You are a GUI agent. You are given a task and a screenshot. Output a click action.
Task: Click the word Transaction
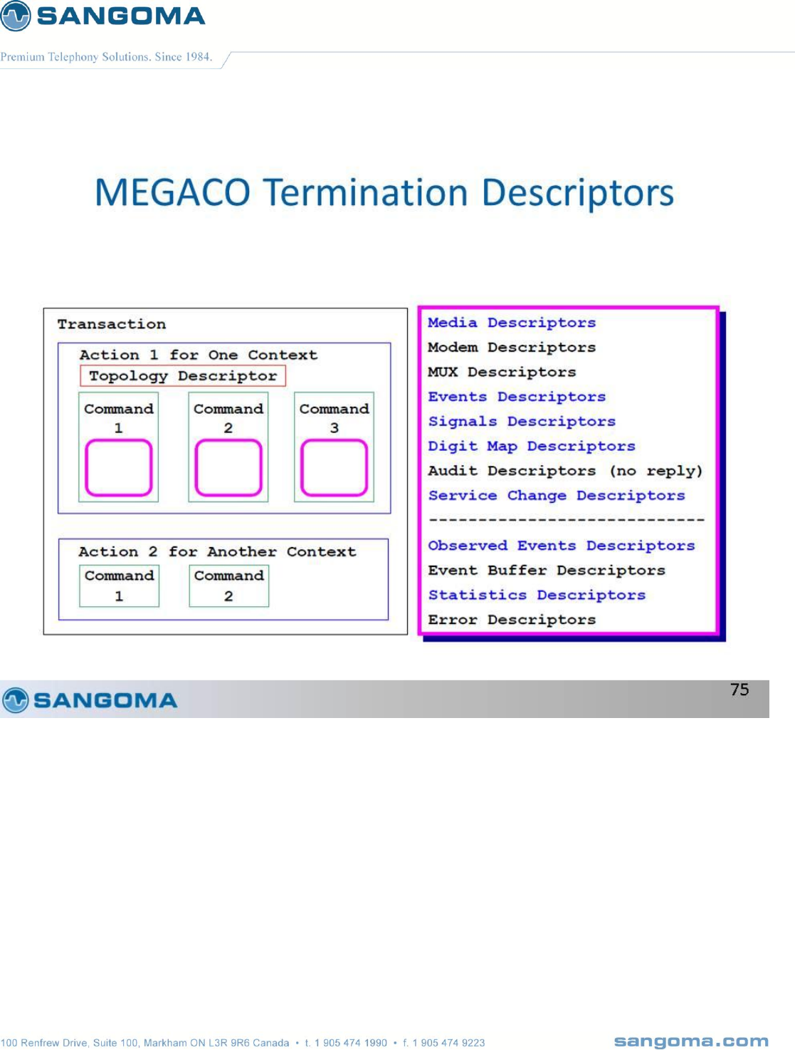point(112,324)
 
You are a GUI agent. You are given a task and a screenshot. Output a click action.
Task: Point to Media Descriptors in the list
point(512,323)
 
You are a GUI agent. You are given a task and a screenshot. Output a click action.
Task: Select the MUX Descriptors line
point(502,372)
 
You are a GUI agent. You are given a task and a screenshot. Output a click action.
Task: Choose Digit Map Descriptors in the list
point(531,447)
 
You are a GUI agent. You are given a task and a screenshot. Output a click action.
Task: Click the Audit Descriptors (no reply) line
point(565,471)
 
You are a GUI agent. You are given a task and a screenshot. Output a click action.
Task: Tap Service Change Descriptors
point(557,496)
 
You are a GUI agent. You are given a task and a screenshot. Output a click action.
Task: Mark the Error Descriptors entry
point(512,620)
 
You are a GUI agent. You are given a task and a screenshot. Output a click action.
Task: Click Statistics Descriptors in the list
point(537,595)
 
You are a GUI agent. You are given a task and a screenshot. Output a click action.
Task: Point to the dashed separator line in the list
point(567,519)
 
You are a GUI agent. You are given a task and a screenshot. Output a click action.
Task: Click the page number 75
point(739,690)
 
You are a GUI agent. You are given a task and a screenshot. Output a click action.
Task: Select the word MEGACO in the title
point(172,193)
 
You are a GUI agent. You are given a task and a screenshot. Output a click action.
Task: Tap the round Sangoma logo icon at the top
point(15,16)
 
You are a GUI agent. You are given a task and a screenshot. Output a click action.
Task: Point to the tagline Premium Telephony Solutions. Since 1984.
point(106,57)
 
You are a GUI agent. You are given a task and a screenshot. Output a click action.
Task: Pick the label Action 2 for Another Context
point(217,552)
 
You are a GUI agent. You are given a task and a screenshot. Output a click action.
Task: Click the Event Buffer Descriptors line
point(547,570)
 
